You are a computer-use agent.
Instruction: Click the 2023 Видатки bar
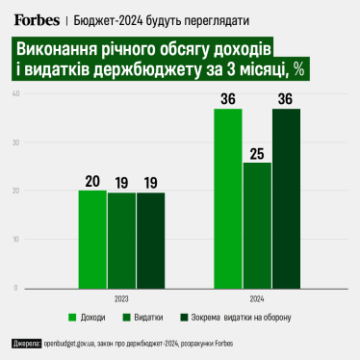tap(121, 240)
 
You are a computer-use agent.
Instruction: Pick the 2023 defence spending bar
tap(150, 240)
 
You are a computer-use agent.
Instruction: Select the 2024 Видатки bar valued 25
tap(257, 224)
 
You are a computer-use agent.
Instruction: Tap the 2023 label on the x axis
tap(121, 296)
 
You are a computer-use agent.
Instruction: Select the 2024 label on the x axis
tap(257, 296)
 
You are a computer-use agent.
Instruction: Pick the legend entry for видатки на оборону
tap(249, 317)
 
